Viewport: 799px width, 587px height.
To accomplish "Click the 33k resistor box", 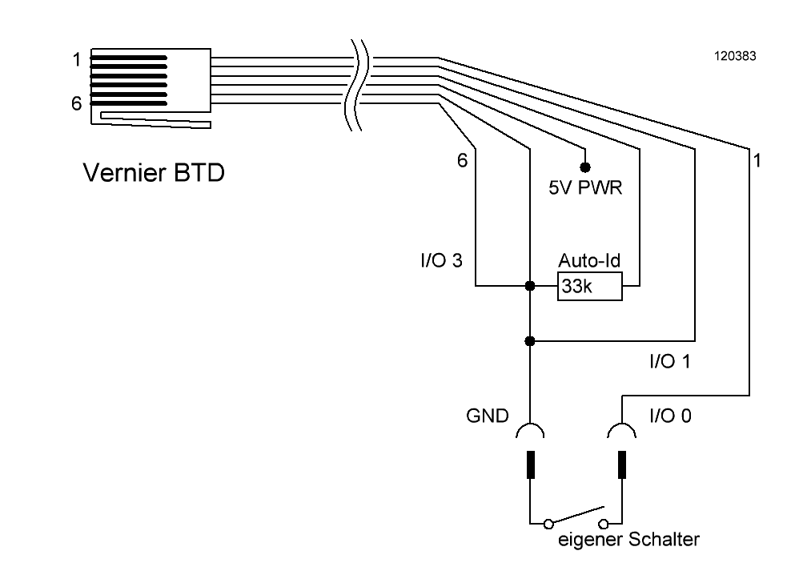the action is [589, 287].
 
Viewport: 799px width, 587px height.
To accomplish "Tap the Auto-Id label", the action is [589, 260].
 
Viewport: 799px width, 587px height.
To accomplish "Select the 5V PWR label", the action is [585, 187].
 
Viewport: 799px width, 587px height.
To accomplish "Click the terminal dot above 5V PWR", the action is [585, 167].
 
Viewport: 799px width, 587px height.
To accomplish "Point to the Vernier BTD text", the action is [154, 173].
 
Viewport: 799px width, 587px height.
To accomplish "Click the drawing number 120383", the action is [735, 56].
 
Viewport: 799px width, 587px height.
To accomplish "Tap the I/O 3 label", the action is [441, 260].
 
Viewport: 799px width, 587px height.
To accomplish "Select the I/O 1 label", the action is [670, 361].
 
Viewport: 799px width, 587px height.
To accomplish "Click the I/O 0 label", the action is [671, 416].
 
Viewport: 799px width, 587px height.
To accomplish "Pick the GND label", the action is [488, 416].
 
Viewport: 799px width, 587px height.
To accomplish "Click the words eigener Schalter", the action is [628, 539].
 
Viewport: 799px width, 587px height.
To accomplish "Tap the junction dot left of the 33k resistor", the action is [530, 286].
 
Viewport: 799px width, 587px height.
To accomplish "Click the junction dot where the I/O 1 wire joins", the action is [530, 341].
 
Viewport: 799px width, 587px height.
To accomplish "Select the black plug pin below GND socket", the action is [531, 464].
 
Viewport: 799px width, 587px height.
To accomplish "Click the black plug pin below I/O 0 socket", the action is [622, 464].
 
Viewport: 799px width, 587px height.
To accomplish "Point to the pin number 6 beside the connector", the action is [76, 103].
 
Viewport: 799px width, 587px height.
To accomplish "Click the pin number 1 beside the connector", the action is [77, 59].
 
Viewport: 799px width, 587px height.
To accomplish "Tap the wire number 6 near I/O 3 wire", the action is [462, 160].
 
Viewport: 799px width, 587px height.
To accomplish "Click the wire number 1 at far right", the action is [757, 160].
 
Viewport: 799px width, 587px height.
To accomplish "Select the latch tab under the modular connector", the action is [155, 120].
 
